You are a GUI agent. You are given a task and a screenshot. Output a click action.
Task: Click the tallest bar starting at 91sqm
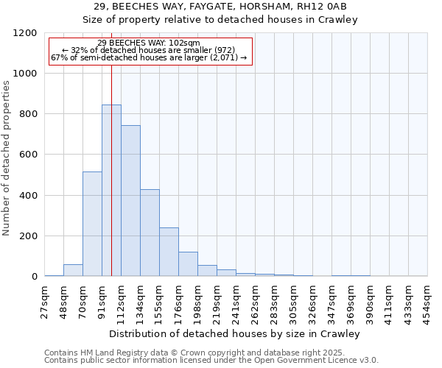pyautogui.click(x=111, y=191)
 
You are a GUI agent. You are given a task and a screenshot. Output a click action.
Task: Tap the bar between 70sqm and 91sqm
pyautogui.click(x=92, y=224)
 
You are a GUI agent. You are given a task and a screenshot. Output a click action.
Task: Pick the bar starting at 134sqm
pyautogui.click(x=150, y=233)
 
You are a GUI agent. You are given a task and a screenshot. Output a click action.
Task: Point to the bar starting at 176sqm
pyautogui.click(x=188, y=263)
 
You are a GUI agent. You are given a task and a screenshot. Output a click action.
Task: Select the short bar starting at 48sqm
pyautogui.click(x=73, y=270)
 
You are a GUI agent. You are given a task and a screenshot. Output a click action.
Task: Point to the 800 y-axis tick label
pyautogui.click(x=29, y=114)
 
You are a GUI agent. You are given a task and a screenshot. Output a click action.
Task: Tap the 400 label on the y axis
pyautogui.click(x=29, y=196)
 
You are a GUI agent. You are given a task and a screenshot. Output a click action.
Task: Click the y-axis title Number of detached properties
pyautogui.click(x=7, y=155)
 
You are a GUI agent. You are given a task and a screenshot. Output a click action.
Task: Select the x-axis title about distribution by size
pyautogui.click(x=236, y=333)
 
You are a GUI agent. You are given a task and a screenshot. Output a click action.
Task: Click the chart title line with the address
pyautogui.click(x=236, y=7)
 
